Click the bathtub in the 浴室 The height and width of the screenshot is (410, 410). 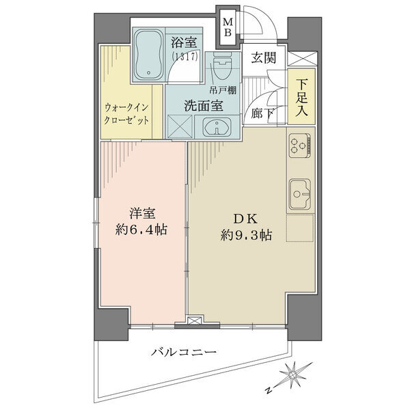[148, 54]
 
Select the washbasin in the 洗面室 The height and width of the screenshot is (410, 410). [217, 127]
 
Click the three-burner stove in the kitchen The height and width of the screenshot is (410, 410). [300, 146]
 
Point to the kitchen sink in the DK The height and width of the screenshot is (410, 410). [300, 194]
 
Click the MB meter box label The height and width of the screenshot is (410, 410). [228, 27]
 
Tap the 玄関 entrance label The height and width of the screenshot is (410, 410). [264, 57]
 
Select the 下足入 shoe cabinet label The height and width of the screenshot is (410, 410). [301, 97]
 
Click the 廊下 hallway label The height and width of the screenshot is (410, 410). [262, 113]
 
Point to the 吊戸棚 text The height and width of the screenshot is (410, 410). [223, 90]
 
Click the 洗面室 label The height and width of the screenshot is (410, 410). [204, 105]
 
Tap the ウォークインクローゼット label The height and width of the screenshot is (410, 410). [126, 113]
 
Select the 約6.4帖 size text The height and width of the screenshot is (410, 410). [141, 230]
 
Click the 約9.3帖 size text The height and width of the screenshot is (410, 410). [246, 235]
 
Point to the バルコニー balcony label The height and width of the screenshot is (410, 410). [184, 352]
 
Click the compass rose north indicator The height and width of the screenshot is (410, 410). [291, 376]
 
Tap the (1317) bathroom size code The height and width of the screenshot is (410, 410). [184, 56]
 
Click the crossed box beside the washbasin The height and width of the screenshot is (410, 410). [180, 126]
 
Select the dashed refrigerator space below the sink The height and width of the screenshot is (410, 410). [300, 228]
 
